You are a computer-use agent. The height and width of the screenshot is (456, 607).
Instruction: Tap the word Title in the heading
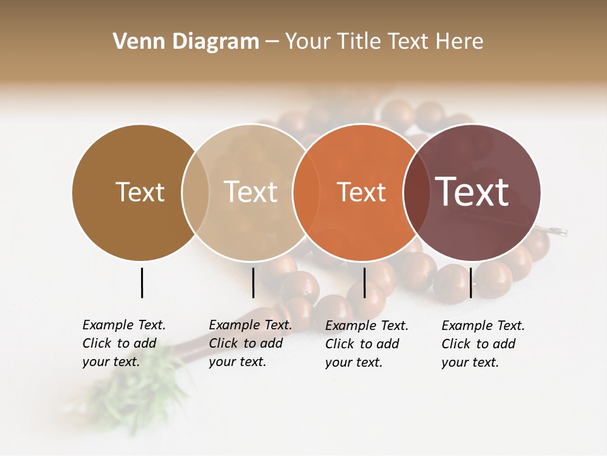[358, 42]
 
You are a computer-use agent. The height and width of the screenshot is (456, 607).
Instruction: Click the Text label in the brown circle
[140, 192]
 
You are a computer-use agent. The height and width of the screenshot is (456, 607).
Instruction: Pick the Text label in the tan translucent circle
[250, 192]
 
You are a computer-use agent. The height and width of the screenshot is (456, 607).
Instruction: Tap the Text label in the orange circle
[361, 192]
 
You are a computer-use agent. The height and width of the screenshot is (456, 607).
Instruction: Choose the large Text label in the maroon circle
[472, 192]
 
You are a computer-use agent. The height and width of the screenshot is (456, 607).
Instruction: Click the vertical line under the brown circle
[142, 282]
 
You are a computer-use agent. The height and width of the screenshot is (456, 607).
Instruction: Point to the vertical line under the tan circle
[253, 282]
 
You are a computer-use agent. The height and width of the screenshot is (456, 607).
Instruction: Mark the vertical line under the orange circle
[364, 282]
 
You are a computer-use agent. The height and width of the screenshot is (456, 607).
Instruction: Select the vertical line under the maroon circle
[470, 282]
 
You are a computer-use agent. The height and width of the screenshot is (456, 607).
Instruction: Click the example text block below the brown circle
[124, 343]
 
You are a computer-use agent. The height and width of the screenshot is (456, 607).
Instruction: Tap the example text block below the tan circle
[250, 343]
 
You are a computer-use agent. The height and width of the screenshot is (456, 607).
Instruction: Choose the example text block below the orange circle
[367, 344]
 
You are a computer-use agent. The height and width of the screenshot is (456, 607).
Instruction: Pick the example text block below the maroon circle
[483, 344]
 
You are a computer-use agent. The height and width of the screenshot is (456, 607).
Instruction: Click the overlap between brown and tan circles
[195, 192]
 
